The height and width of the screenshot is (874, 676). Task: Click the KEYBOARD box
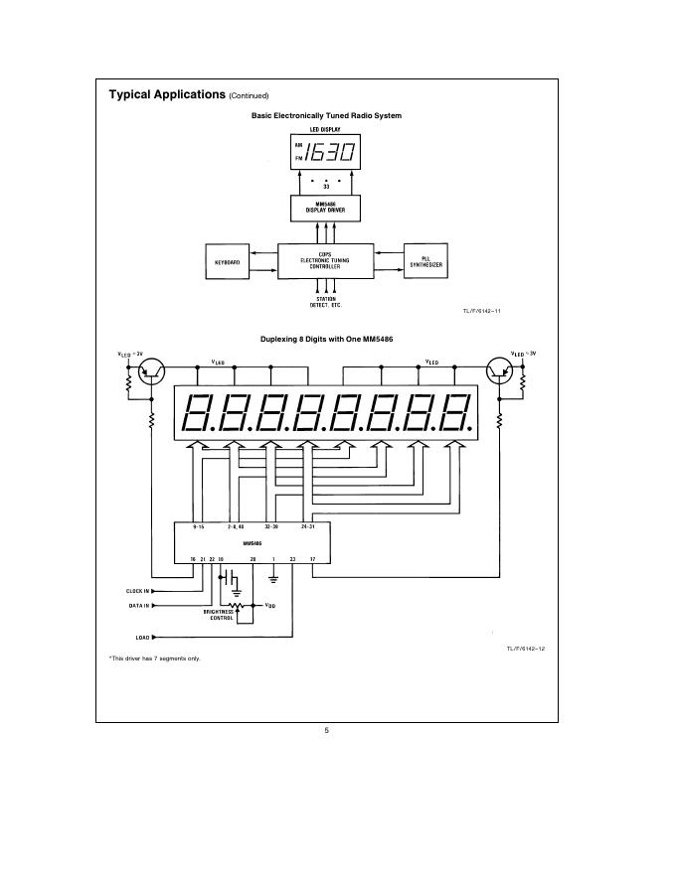(x=228, y=262)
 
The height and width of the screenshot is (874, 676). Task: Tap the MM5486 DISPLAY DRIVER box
(x=325, y=208)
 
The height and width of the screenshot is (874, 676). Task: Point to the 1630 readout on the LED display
(x=328, y=153)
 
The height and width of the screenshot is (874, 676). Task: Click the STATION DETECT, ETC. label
(x=325, y=302)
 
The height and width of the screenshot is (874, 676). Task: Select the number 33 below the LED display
(x=325, y=186)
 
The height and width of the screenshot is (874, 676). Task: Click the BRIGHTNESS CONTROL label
(x=221, y=616)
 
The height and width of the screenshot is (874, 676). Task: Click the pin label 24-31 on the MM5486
(x=307, y=527)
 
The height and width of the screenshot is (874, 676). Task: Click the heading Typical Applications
(x=167, y=94)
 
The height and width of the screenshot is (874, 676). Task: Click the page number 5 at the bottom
(x=326, y=731)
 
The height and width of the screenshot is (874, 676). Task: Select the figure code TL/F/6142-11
(x=482, y=311)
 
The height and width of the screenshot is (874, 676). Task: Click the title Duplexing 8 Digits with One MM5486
(x=326, y=339)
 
